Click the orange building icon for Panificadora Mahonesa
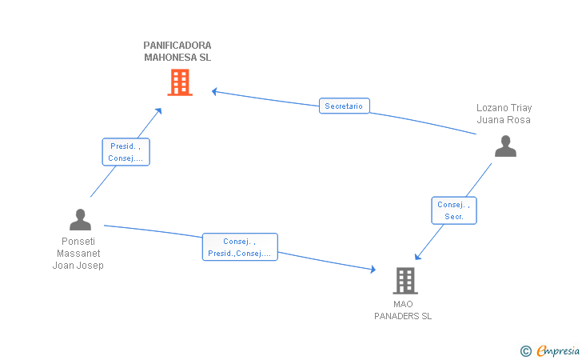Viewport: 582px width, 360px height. click(x=180, y=82)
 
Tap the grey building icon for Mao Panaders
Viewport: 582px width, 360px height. click(x=405, y=281)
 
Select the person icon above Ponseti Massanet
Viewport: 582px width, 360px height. click(x=80, y=219)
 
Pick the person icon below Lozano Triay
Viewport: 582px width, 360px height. click(x=505, y=146)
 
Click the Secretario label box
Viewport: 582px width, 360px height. click(x=344, y=106)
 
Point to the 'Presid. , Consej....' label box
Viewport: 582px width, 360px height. click(x=126, y=152)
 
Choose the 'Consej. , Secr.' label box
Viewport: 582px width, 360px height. click(x=454, y=210)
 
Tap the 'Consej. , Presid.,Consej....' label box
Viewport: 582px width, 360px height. click(x=240, y=247)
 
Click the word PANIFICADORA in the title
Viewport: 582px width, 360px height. click(x=177, y=46)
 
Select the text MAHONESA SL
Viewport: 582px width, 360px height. click(x=177, y=58)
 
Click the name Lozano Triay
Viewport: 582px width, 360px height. click(x=504, y=108)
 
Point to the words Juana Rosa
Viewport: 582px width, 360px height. click(x=504, y=120)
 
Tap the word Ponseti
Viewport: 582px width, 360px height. click(x=78, y=242)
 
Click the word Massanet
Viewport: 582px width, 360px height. click(x=78, y=254)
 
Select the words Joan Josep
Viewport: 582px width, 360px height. click(x=78, y=266)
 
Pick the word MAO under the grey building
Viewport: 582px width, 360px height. click(x=403, y=304)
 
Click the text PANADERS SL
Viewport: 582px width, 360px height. click(x=403, y=316)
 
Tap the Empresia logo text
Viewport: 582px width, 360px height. click(x=558, y=350)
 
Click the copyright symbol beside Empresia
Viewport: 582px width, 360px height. click(x=526, y=351)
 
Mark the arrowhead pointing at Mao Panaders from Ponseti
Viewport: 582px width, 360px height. click(x=373, y=270)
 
